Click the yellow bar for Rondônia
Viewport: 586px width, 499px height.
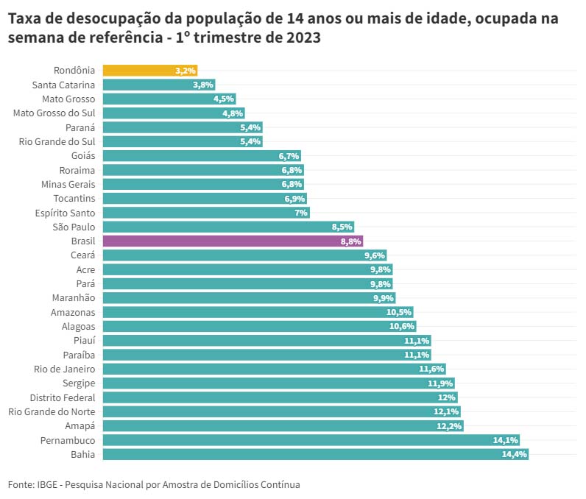[149, 71]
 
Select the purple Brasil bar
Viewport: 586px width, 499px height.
[233, 241]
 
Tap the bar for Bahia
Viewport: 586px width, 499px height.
[315, 454]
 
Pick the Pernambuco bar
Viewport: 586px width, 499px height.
[311, 440]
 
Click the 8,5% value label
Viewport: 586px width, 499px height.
[342, 227]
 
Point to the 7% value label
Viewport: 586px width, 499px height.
[301, 213]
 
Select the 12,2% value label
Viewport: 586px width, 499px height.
[449, 426]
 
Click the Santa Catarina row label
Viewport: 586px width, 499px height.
[63, 85]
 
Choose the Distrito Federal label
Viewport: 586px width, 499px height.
[63, 397]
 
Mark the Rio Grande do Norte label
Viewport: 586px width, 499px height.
[52, 411]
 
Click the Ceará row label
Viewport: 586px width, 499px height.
[83, 255]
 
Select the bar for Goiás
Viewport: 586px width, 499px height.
[202, 156]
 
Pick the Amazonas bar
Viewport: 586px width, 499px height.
[258, 312]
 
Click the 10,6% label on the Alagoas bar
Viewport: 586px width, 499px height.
[402, 326]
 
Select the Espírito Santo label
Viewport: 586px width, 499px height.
[64, 213]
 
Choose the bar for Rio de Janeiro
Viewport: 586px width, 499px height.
[274, 369]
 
